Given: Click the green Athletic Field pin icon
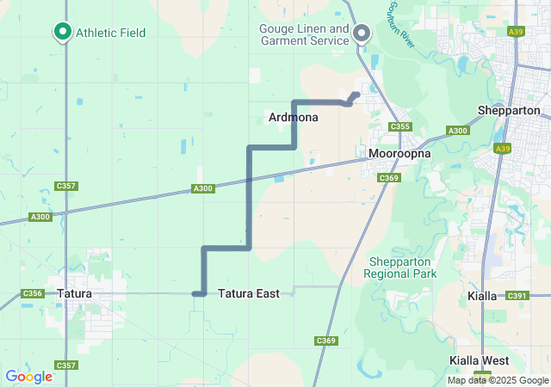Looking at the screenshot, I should pos(63,32).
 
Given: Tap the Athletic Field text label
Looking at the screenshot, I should pos(110,33).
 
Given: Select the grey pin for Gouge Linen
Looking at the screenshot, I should pos(362,34).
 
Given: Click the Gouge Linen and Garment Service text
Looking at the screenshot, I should pos(304,34).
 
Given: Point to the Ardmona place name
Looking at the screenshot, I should pos(293,117).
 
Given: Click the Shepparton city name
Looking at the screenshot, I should pos(509,111).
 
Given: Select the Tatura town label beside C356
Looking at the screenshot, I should pos(74,294).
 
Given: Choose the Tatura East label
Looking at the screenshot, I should pos(248,294).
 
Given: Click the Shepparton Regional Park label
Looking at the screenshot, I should pos(401,267).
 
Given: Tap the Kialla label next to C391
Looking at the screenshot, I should pos(482,296).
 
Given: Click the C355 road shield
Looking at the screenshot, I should pos(399,127).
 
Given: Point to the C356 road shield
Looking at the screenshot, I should pos(32,294).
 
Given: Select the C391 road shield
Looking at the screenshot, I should pos(517,296).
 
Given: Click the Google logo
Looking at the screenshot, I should pos(28,377).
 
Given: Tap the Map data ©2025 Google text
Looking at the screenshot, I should pos(498,380).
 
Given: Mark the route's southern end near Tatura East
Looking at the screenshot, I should pos(195,294).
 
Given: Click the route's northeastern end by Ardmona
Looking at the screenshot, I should pos(356,95).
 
